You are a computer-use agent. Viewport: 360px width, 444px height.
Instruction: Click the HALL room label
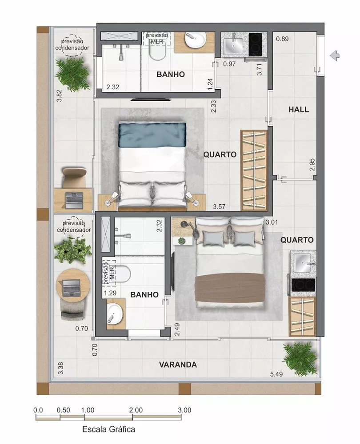point(298,110)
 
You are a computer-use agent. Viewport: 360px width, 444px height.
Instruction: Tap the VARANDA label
point(178,365)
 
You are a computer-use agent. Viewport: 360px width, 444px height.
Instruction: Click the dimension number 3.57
point(220,206)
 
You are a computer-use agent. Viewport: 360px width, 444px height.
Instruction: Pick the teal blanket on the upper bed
point(152,135)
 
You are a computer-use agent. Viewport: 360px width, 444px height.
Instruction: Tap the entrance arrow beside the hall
point(336,55)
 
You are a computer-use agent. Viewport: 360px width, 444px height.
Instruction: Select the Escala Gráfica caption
point(108,429)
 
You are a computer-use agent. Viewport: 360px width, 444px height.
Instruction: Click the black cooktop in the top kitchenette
point(256,43)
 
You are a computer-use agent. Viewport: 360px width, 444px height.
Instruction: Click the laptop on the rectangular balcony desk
point(73,199)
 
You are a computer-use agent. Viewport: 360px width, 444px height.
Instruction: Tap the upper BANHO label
point(170,74)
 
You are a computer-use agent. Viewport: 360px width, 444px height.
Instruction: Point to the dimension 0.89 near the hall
point(282,39)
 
